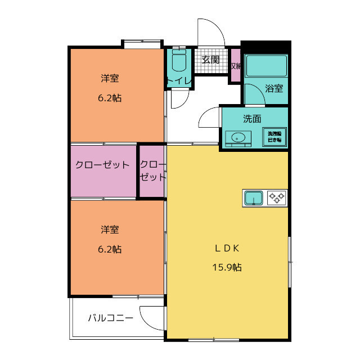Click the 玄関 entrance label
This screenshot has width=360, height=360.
[211, 60]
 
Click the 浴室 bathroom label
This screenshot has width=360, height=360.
[274, 88]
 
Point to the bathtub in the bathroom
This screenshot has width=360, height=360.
[267, 66]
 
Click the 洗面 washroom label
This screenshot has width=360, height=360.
[251, 119]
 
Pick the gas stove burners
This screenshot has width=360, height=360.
[277, 198]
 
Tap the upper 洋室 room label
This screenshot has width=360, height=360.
[110, 78]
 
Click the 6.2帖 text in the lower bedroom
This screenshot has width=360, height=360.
[110, 249]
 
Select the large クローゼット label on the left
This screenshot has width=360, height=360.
[103, 165]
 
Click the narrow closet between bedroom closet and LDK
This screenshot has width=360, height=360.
[152, 171]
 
